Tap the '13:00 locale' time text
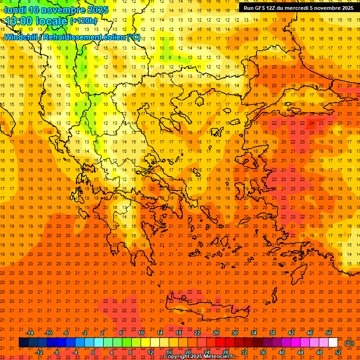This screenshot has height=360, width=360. pyautogui.click(x=37, y=21)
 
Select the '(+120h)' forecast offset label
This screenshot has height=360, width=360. pyautogui.click(x=83, y=21)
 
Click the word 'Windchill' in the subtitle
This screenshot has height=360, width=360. pyautogui.click(x=21, y=37)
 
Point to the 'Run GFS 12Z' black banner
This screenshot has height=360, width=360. pyautogui.click(x=298, y=8)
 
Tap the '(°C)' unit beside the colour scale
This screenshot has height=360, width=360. pyautogui.click(x=349, y=343)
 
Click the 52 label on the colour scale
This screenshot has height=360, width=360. pyautogui.click(x=338, y=352)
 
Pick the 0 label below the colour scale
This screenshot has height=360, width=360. pyautogui.click(x=93, y=352)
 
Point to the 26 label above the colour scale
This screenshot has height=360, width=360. pyautogui.click(x=216, y=333)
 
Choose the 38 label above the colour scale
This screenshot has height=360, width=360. pyautogui.click(x=272, y=333)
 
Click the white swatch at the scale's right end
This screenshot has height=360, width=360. pyautogui.click(x=333, y=343)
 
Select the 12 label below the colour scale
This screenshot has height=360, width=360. pyautogui.click(x=150, y=352)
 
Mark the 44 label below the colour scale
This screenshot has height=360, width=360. pyautogui.click(x=300, y=352)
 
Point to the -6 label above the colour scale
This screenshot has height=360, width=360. pyautogui.click(x=66, y=333)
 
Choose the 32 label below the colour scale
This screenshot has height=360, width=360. pyautogui.click(x=244, y=352)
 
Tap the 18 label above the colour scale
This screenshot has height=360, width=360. pyautogui.click(x=179, y=333)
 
